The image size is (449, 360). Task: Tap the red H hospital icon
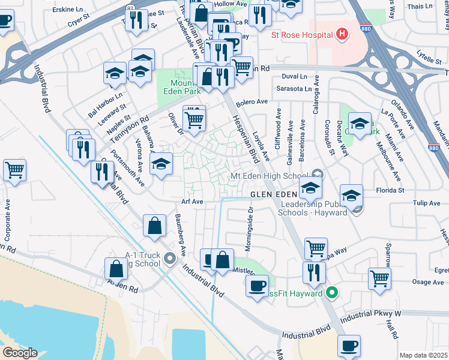pos(341,34)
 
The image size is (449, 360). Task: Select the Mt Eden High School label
pos(271,176)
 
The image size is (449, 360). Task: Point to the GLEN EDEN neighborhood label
pos(274,195)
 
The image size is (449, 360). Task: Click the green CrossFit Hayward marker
pos(330,294)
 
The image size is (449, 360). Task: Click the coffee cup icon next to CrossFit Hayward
pos(258,284)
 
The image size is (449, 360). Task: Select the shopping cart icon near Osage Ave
pos(379,278)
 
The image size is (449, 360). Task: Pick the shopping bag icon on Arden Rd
pos(116,269)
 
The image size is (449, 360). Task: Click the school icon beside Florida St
pos(351,195)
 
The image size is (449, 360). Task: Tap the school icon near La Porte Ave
pos(359,124)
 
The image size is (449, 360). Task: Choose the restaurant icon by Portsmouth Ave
pos(102,170)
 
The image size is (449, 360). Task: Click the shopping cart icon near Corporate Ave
pos(14,169)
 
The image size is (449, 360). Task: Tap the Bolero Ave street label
pos(252,102)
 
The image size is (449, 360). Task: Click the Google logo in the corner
pos(19,353)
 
